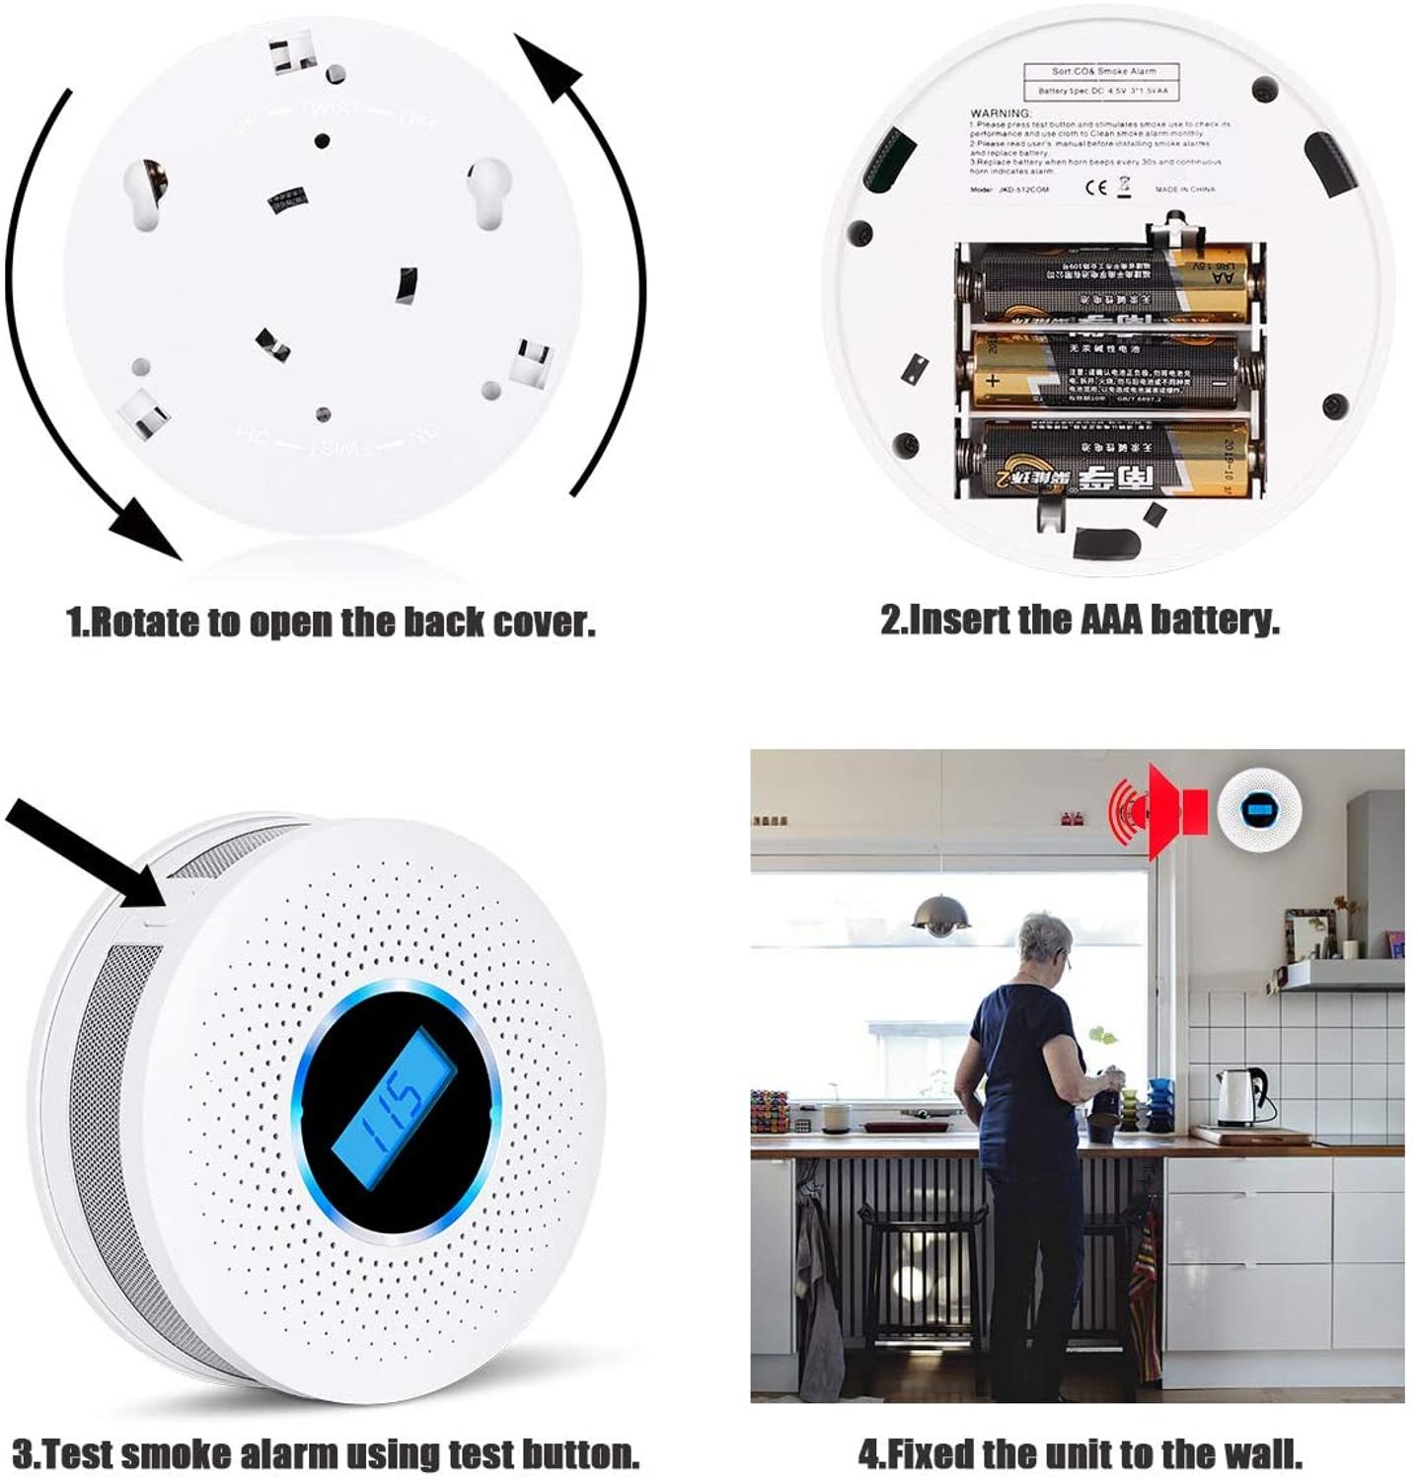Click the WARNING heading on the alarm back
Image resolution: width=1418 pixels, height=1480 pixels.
point(1001,113)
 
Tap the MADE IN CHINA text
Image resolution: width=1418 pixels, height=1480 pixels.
point(1185,188)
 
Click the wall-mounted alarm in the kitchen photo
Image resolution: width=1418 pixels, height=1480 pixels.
point(1259,810)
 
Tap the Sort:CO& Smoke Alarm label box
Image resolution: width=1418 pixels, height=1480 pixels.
point(1103,71)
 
